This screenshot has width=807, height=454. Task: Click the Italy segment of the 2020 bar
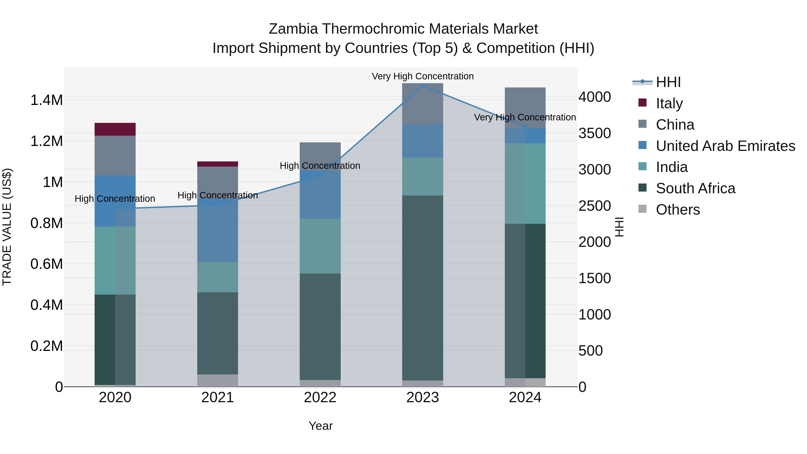coord(115,129)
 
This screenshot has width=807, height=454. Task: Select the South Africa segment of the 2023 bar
coord(422,288)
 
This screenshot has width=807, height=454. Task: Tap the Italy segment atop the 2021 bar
coord(217,164)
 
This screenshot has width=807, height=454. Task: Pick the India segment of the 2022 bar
coord(320,246)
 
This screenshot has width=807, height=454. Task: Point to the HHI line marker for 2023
coord(422,86)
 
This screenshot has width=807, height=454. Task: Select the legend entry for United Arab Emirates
coord(725,146)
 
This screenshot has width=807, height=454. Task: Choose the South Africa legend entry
coord(695,188)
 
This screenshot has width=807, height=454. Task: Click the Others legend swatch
coord(642,209)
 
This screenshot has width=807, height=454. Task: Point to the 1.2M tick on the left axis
coord(46,141)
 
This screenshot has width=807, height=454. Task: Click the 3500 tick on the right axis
coord(594,133)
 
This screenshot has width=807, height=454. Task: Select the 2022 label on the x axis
coord(320,398)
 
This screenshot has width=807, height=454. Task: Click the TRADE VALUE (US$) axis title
coord(7,227)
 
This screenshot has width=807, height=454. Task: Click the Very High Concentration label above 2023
coord(422,76)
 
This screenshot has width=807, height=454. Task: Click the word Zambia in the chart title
coord(293,29)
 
